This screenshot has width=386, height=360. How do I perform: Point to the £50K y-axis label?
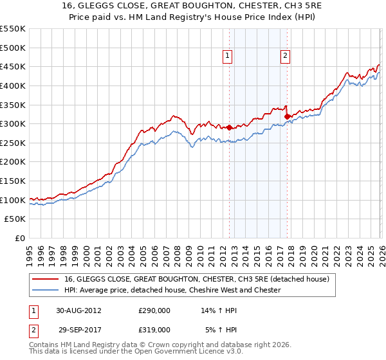(x=15, y=219)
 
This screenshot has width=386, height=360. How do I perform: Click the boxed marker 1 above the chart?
(x=228, y=57)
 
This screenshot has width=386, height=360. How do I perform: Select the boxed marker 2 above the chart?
(x=285, y=57)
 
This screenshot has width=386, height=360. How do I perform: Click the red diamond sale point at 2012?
(x=230, y=128)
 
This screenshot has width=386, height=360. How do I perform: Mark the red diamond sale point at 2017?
(x=287, y=116)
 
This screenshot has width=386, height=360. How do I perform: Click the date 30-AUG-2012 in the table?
(x=78, y=310)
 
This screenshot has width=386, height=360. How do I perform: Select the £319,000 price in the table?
(x=154, y=329)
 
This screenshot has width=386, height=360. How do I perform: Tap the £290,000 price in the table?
(x=154, y=310)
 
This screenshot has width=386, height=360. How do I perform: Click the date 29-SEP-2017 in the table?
(x=78, y=329)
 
